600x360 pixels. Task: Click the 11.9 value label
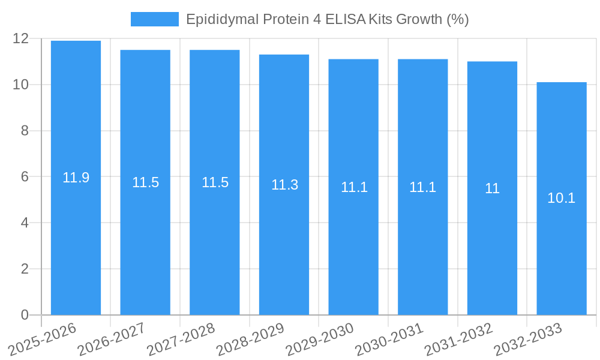[76, 178]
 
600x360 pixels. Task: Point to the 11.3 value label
[284, 185]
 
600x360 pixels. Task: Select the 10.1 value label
[562, 198]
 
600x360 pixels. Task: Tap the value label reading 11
[492, 188]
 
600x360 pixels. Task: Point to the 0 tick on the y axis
[25, 315]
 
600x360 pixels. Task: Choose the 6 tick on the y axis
[25, 177]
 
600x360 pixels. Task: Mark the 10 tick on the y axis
[21, 85]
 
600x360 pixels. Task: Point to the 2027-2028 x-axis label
[181, 339]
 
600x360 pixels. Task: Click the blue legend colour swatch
[155, 19]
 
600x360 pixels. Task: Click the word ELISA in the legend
[346, 19]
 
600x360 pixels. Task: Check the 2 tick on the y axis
[25, 269]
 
